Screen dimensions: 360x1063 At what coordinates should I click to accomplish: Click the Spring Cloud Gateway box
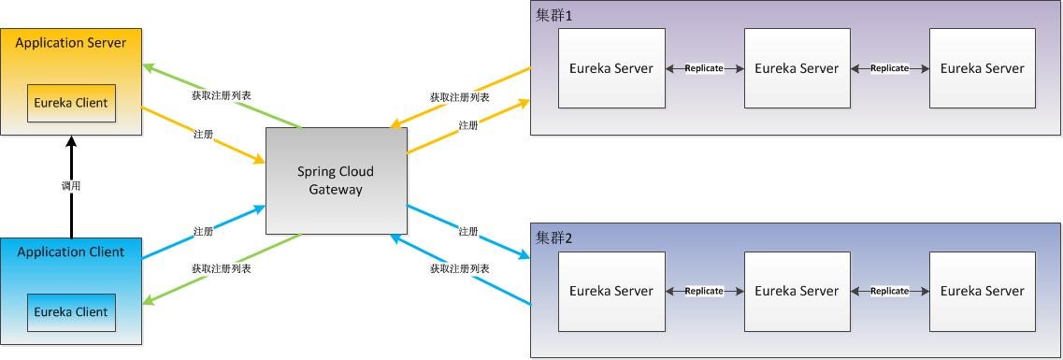click(336, 181)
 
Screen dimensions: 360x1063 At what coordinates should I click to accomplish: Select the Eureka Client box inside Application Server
click(70, 103)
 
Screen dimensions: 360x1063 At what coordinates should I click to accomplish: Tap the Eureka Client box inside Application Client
click(70, 312)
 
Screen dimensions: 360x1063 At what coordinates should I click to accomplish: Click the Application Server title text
click(71, 43)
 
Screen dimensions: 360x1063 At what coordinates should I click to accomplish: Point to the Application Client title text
click(70, 252)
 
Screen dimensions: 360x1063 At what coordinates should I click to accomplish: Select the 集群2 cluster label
click(553, 238)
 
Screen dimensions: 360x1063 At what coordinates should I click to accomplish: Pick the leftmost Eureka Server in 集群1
click(611, 68)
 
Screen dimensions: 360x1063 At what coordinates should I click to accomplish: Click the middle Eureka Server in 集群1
click(797, 68)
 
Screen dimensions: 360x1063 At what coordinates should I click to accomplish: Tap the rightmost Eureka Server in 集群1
click(982, 68)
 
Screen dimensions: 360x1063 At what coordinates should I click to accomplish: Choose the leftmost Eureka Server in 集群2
click(611, 291)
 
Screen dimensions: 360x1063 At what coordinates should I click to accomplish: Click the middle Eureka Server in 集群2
click(797, 291)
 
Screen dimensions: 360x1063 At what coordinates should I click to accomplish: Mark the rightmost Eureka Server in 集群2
click(982, 291)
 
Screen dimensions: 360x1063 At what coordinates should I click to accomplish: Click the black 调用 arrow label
click(71, 186)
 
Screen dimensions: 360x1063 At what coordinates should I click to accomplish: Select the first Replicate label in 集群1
click(704, 69)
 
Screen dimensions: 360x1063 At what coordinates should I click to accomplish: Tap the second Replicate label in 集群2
click(889, 292)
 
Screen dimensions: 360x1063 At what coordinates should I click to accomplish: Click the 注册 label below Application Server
click(203, 135)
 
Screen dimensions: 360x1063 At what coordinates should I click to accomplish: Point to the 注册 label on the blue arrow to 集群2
click(468, 231)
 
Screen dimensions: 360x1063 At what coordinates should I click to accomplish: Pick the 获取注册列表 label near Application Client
click(221, 268)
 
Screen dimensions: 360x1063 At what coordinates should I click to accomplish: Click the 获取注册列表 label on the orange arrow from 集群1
click(459, 97)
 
